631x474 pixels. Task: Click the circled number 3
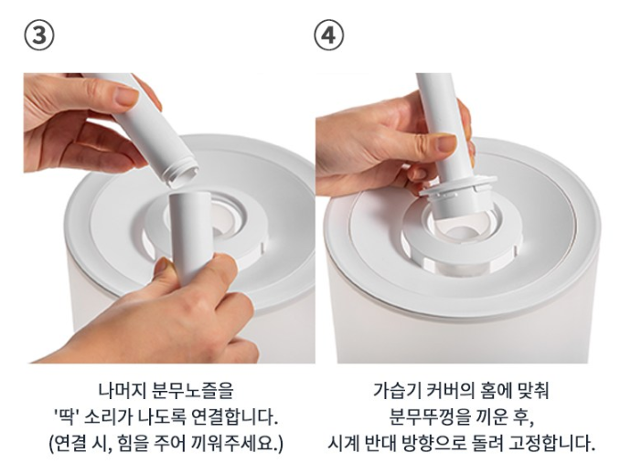click(39, 36)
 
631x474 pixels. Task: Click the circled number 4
click(329, 36)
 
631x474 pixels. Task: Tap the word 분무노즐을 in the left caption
click(193, 390)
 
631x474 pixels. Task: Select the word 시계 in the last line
click(342, 444)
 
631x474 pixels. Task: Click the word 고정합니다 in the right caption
click(551, 444)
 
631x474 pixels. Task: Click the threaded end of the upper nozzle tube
click(183, 172)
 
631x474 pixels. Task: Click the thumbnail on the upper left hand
click(127, 97)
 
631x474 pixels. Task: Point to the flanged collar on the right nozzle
click(458, 187)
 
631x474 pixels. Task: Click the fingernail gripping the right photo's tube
click(446, 143)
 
